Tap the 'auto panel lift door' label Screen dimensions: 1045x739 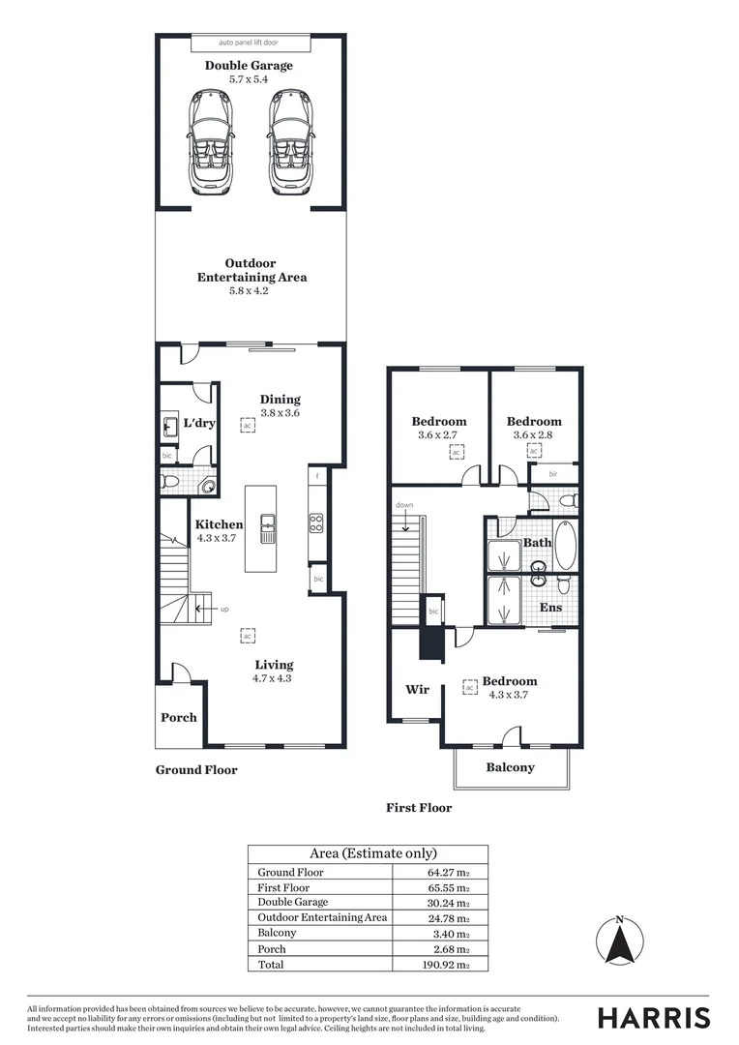pyautogui.click(x=250, y=44)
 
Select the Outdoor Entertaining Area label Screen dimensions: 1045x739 pyautogui.click(x=251, y=270)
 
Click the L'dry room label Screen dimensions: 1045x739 pyautogui.click(x=198, y=424)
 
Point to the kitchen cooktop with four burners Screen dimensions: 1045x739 pyautogui.click(x=315, y=522)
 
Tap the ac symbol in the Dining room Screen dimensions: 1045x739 pyautogui.click(x=248, y=425)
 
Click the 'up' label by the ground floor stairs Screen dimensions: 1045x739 pyautogui.click(x=224, y=609)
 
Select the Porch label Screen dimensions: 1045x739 pyautogui.click(x=178, y=717)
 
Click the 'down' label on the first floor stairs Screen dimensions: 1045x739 pyautogui.click(x=404, y=506)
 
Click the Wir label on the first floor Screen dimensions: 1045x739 pyautogui.click(x=417, y=690)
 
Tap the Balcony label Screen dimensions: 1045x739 pyautogui.click(x=510, y=767)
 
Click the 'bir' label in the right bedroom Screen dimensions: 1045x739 pyautogui.click(x=552, y=474)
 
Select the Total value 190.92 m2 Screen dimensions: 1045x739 pyautogui.click(x=450, y=965)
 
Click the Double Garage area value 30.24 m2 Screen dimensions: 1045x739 pyautogui.click(x=450, y=903)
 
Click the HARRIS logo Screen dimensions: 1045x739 pyautogui.click(x=653, y=1017)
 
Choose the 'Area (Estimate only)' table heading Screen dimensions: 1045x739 pyautogui.click(x=368, y=853)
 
